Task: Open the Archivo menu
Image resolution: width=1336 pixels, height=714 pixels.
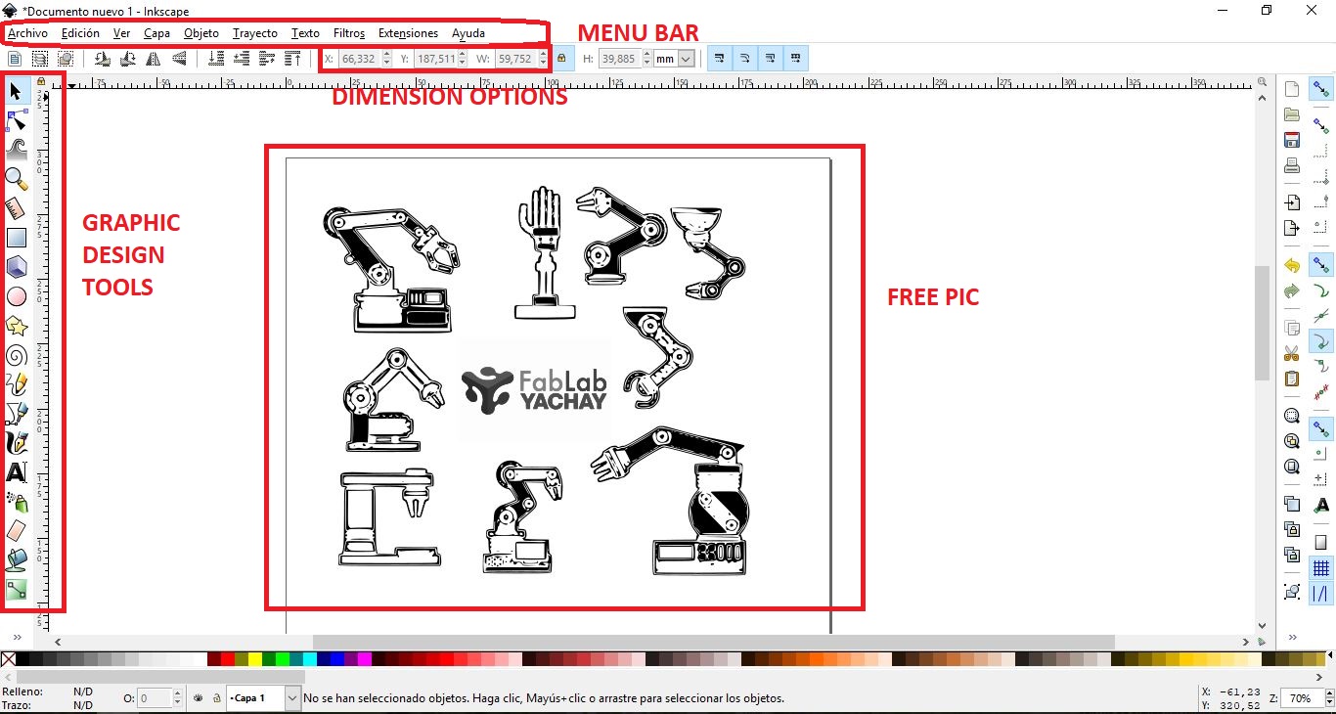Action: (x=27, y=33)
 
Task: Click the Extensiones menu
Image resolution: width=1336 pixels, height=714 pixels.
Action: (x=408, y=33)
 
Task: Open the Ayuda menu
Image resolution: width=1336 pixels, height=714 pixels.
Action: (x=468, y=33)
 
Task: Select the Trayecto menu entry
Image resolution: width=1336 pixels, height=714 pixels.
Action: (x=254, y=33)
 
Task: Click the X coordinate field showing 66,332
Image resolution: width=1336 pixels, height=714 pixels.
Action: (x=359, y=59)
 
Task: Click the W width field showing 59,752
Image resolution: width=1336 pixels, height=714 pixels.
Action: (x=515, y=59)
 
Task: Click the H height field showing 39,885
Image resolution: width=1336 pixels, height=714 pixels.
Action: (x=619, y=59)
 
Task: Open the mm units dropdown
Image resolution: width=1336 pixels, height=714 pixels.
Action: (x=674, y=59)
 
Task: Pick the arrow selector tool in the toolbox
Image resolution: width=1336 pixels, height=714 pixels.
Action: (x=16, y=91)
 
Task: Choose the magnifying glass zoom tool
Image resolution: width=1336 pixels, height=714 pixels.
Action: (x=16, y=179)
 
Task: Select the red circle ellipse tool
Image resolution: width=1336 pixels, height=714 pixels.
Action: (x=17, y=296)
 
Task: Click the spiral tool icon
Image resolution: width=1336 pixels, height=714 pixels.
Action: (x=17, y=355)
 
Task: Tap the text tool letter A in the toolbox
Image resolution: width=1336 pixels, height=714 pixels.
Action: (x=17, y=472)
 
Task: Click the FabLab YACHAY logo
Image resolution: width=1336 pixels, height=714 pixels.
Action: (x=534, y=390)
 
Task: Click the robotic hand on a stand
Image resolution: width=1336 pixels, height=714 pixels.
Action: (x=544, y=253)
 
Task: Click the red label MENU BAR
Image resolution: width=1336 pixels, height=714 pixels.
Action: (x=638, y=33)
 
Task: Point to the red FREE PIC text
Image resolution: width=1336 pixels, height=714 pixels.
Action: (x=933, y=297)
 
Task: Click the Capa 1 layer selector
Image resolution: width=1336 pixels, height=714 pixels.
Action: (x=262, y=698)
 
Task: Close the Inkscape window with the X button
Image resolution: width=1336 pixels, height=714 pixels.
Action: (x=1311, y=10)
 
